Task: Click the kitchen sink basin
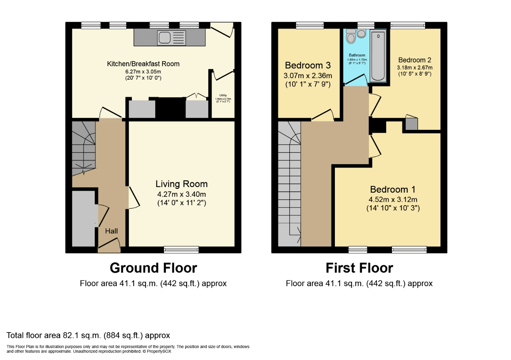165,38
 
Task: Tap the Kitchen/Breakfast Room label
143,64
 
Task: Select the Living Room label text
182,184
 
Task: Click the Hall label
111,231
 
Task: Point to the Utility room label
223,96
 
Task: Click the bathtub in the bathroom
378,56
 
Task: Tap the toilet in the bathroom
351,37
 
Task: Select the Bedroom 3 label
308,65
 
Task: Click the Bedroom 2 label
414,60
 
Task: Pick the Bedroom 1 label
393,190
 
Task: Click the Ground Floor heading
153,268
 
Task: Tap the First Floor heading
359,268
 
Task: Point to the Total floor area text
88,335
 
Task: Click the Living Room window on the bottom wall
181,249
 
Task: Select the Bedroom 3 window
310,25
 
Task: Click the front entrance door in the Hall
109,247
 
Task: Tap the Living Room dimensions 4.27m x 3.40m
182,194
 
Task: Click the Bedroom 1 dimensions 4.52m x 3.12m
393,200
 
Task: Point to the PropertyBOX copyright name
159,351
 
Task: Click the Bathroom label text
357,55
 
